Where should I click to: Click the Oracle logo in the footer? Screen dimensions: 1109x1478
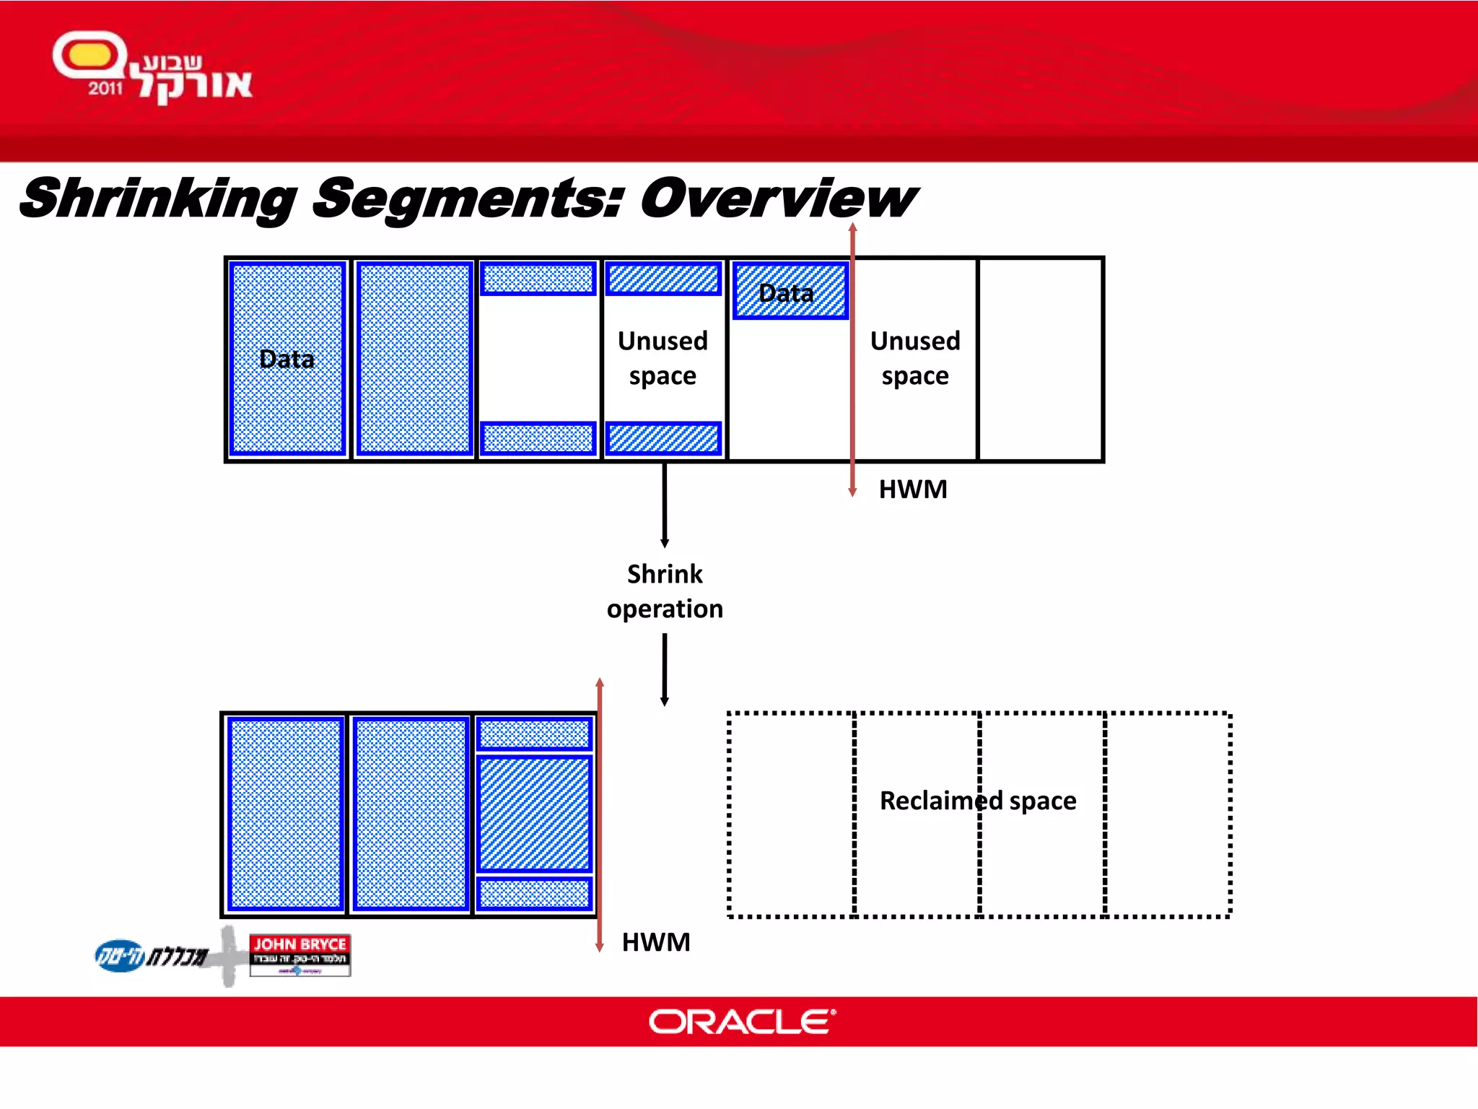point(742,1021)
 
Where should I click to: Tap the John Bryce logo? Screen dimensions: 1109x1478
point(299,954)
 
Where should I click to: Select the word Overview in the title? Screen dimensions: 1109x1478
point(778,199)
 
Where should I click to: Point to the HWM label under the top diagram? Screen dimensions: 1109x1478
point(913,490)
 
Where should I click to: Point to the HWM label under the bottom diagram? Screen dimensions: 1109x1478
point(656,942)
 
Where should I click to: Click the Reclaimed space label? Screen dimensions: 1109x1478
point(978,801)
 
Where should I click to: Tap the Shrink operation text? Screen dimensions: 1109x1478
point(665,591)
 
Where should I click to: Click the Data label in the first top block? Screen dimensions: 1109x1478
point(287,359)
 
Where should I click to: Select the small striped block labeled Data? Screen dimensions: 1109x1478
point(790,291)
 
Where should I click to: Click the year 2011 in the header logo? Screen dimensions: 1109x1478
point(105,89)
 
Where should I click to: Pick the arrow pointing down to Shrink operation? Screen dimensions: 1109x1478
point(665,505)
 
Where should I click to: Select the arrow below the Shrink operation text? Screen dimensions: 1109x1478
point(665,670)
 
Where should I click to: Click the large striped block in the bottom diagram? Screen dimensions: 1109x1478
point(534,814)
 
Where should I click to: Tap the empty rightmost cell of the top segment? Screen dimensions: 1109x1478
point(1040,359)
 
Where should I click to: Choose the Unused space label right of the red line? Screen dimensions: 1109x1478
point(915,358)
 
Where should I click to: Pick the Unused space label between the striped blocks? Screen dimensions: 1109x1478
point(663,358)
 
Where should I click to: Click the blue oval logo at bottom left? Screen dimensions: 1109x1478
point(119,956)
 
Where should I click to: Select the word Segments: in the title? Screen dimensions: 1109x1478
point(468,199)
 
